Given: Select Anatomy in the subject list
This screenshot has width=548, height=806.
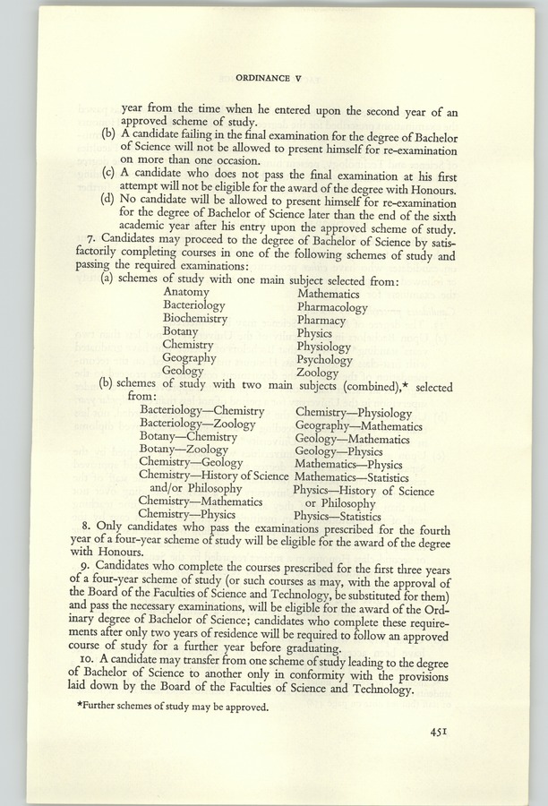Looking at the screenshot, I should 185,292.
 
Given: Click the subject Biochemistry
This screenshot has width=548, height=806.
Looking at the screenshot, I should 194,318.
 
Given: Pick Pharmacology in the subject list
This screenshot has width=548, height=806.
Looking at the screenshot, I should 332,307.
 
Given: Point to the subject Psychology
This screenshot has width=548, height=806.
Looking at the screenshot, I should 324,359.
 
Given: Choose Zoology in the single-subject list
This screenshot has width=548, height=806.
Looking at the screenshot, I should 317,373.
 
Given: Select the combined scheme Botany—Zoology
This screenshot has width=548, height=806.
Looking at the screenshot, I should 184,450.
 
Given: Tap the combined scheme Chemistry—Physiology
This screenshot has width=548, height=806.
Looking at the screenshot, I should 353,413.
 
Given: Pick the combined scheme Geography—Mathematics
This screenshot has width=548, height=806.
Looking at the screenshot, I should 358,426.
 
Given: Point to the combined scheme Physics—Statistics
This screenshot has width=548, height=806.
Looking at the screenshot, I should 337,517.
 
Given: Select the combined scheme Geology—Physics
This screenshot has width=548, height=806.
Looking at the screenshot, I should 338,452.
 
